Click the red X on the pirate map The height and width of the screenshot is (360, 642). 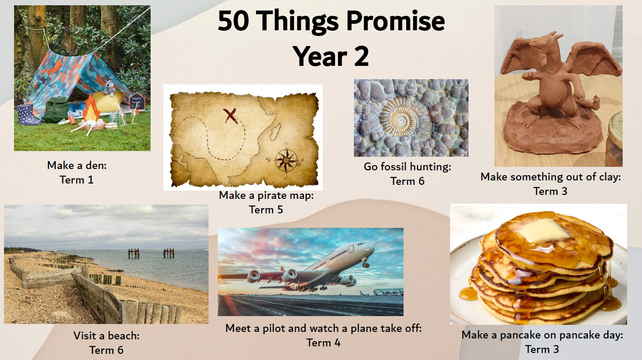click(x=231, y=116)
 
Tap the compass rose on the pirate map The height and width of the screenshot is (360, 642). click(x=286, y=160)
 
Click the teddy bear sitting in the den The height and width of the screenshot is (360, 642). click(x=109, y=88)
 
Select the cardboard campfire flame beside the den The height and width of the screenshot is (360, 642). click(x=91, y=109)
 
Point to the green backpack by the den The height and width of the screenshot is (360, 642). click(x=55, y=109)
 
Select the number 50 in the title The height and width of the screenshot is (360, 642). click(x=233, y=21)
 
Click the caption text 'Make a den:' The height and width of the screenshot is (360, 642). click(x=77, y=166)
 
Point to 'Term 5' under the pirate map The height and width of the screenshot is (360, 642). click(x=266, y=209)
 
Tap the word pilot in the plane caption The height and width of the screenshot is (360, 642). click(x=274, y=328)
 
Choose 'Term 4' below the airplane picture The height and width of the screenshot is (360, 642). click(x=323, y=342)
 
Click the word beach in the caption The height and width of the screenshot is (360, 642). click(x=123, y=336)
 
